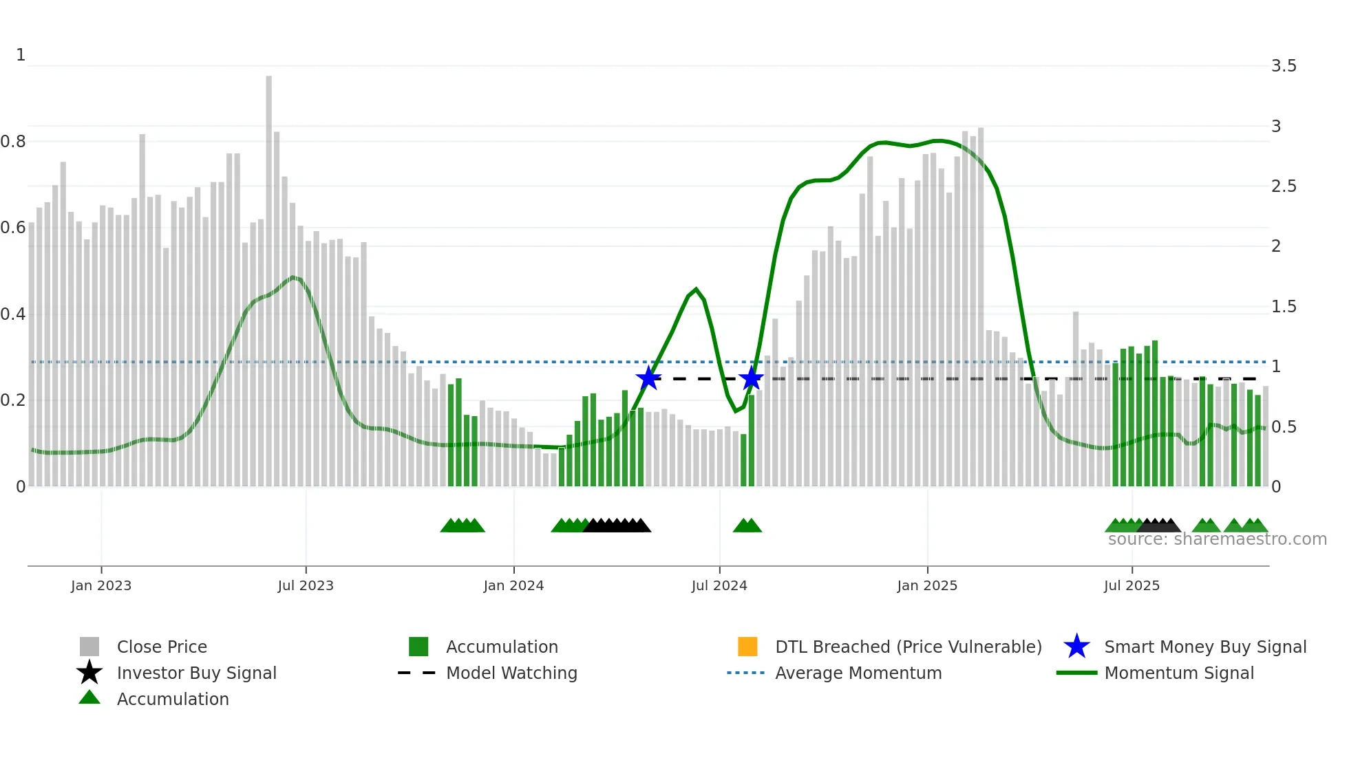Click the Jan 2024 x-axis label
pos(513,585)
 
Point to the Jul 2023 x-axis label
pos(306,585)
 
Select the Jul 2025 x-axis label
pos(1132,585)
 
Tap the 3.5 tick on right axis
pos(1284,66)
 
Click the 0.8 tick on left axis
pos(13,142)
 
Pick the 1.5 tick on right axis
pos(1284,307)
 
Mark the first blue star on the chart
pos(648,378)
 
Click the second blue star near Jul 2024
pos(751,378)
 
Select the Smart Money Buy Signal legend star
pos(1076,647)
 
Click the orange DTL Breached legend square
pos(747,647)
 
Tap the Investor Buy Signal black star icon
pos(89,673)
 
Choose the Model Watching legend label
pos(511,673)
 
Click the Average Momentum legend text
pos(858,673)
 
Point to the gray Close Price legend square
pos(89,647)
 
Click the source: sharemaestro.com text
pos(1217,539)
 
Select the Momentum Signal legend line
pos(1076,673)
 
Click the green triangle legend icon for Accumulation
pos(89,698)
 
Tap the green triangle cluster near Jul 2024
pos(747,526)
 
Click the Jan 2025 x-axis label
pos(927,585)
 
